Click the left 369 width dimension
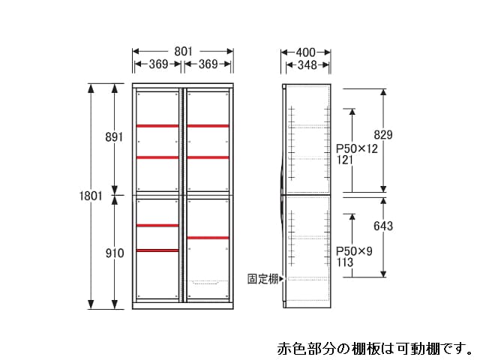pyautogui.click(x=158, y=64)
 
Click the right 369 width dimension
pyautogui.click(x=208, y=64)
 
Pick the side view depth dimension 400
pyautogui.click(x=305, y=52)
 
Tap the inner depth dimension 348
pyautogui.click(x=306, y=65)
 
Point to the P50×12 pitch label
pyautogui.click(x=356, y=148)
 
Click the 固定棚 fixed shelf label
pyautogui.click(x=263, y=278)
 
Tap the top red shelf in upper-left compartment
pyautogui.click(x=157, y=125)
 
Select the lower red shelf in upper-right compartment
pyautogui.click(x=208, y=157)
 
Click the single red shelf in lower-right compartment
pyautogui.click(x=208, y=238)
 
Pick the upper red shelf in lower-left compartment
pyautogui.click(x=157, y=225)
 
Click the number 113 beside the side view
pyautogui.click(x=344, y=262)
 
